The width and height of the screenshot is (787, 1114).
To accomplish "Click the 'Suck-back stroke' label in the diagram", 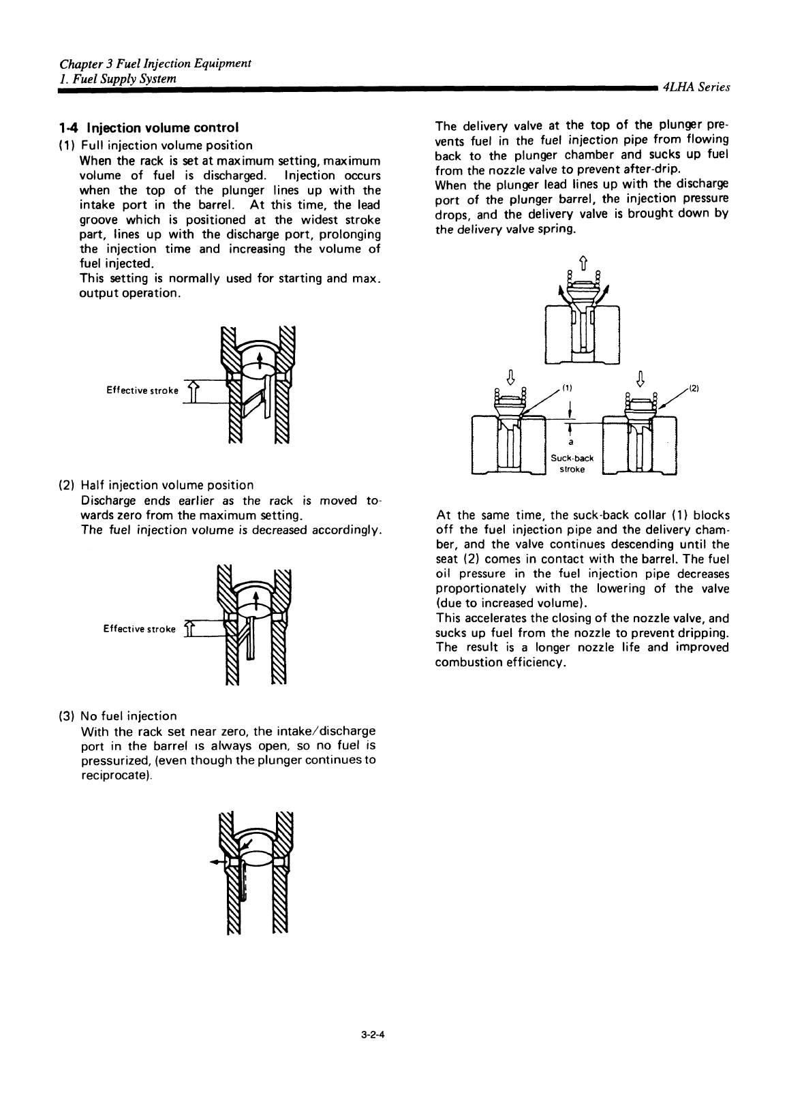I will coord(568,463).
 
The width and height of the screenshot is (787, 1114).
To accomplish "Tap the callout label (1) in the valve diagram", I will coord(567,388).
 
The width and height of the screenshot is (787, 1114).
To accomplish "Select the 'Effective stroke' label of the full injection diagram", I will coord(142,390).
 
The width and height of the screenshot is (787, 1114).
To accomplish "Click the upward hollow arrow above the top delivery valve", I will coord(583,260).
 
